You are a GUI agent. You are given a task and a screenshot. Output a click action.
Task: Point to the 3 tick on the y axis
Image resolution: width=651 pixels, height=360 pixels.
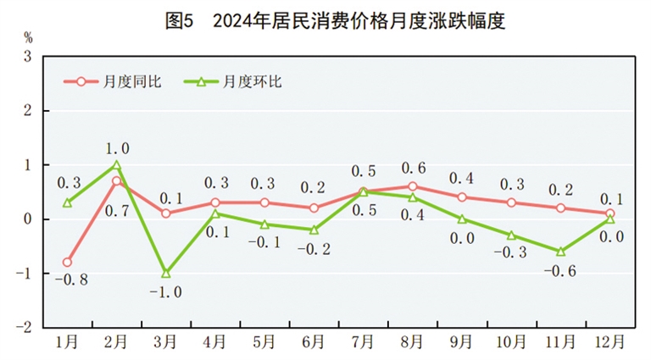point(27,57)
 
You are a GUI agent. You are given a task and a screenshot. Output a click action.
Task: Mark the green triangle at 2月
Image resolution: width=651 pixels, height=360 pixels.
point(116,165)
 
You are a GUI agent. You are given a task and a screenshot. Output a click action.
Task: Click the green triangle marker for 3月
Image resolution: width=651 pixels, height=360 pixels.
point(165,273)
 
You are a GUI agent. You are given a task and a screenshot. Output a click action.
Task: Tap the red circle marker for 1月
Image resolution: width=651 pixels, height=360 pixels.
point(67,263)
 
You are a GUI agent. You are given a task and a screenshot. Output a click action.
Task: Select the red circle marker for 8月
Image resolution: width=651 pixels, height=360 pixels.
point(412,186)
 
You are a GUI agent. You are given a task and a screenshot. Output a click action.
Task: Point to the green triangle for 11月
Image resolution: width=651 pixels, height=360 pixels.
point(560,251)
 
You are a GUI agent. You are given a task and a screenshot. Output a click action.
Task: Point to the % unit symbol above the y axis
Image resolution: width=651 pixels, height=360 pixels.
point(27,37)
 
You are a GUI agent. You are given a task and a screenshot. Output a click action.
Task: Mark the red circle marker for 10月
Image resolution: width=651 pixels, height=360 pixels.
point(511,202)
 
